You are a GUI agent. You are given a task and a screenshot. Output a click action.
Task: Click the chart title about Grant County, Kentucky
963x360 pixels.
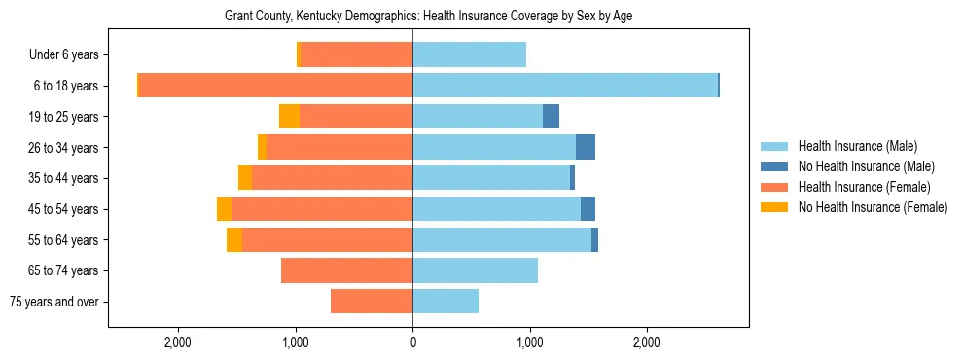point(428,17)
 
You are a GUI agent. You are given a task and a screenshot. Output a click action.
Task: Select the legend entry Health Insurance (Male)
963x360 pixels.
point(857,146)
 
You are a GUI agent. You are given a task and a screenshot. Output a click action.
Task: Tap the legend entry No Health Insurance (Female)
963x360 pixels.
point(872,207)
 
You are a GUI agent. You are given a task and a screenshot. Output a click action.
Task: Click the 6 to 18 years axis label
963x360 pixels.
point(64,86)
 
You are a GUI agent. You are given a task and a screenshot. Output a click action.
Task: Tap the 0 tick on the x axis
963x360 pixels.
point(412,342)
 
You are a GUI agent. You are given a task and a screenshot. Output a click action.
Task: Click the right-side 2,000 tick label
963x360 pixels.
point(647,342)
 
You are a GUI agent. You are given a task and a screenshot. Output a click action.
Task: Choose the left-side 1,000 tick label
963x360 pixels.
point(296,342)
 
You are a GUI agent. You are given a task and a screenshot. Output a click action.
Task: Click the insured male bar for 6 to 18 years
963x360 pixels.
point(564,86)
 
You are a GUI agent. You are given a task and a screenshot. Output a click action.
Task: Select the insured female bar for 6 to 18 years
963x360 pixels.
point(276,86)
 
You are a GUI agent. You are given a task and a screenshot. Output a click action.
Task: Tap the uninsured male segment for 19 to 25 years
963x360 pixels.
point(551,117)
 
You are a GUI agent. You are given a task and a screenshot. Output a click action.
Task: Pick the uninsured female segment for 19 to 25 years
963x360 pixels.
point(289,117)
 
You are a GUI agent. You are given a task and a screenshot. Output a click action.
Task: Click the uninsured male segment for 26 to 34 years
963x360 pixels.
point(585,147)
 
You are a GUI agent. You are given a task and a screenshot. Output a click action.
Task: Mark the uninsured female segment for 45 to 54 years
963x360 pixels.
point(224,209)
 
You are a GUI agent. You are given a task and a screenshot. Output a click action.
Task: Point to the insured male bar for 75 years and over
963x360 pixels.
point(446,302)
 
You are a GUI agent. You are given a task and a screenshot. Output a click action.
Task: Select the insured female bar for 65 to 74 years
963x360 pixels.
point(346,270)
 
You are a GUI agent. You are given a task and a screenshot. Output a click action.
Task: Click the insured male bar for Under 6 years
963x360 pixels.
point(469,55)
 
